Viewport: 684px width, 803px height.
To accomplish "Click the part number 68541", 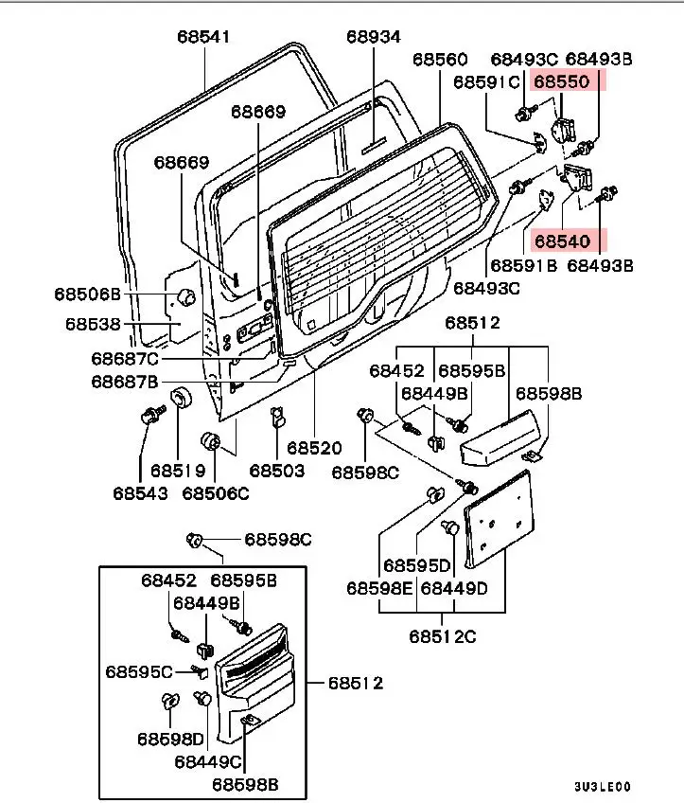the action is tap(203, 37).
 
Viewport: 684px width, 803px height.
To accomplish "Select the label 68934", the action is tap(374, 37).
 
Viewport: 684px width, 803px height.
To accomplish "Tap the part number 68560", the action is tap(440, 60).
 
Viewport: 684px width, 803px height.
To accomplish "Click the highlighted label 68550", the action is tap(562, 81).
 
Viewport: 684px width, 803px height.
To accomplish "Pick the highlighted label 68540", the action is tap(562, 241).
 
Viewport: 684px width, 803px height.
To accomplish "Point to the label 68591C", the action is tap(486, 82).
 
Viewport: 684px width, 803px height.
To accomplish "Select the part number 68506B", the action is tap(87, 294).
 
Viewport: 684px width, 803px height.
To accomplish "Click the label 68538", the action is tap(93, 324).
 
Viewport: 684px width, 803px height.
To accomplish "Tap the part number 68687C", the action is tap(125, 359).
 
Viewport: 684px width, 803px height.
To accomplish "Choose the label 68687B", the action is tap(125, 382).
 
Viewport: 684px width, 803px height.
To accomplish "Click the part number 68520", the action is tap(314, 448).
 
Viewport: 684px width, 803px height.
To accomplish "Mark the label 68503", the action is tap(277, 471).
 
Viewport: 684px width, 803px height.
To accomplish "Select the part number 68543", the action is tap(140, 493).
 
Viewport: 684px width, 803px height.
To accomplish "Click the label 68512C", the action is tap(443, 636).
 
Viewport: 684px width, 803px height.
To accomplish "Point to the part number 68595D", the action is tap(417, 566).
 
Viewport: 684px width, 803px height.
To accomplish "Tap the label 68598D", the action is tap(171, 739).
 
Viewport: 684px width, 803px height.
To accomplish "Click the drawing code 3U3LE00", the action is tap(602, 787).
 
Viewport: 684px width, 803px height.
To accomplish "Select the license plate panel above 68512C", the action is tap(499, 520).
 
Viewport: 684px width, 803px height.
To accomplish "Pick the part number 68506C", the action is tap(216, 493).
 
